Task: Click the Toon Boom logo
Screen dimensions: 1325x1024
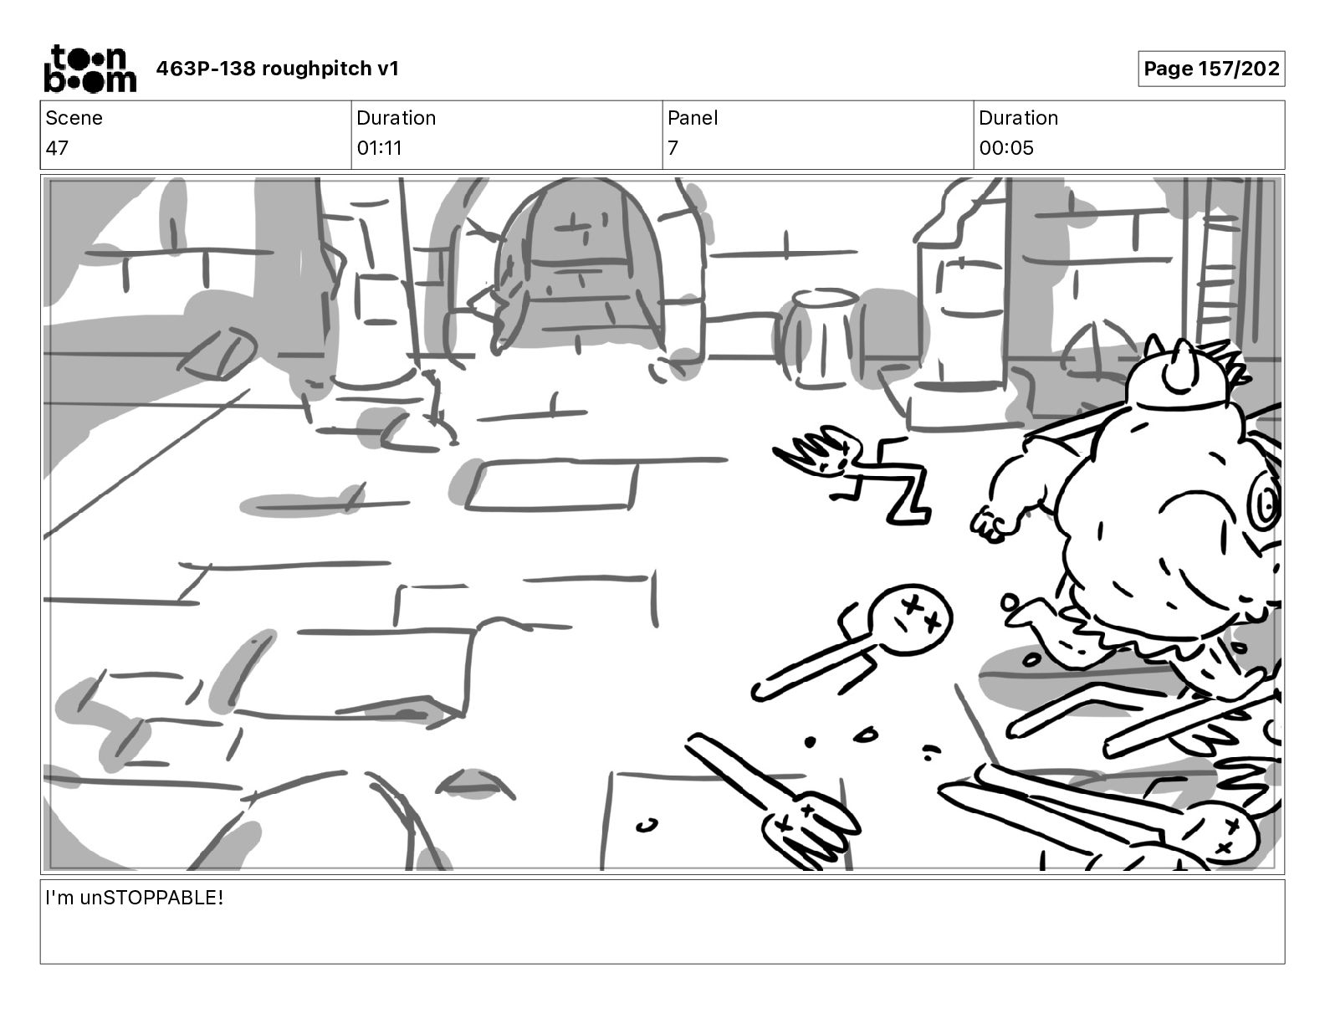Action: [90, 69]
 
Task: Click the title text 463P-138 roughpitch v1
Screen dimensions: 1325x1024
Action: [278, 69]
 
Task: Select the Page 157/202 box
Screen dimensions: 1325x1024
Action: [1210, 69]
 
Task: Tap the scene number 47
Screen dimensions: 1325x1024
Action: [57, 148]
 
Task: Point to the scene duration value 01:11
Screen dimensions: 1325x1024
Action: [379, 148]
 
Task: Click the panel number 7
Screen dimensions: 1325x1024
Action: [673, 148]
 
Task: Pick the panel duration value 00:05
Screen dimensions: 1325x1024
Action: [1006, 148]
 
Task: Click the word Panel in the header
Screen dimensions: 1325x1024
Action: [693, 118]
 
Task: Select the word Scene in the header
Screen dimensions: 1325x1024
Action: [74, 118]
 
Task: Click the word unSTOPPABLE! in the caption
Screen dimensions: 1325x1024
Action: [151, 899]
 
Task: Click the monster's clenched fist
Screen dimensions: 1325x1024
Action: [991, 524]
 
